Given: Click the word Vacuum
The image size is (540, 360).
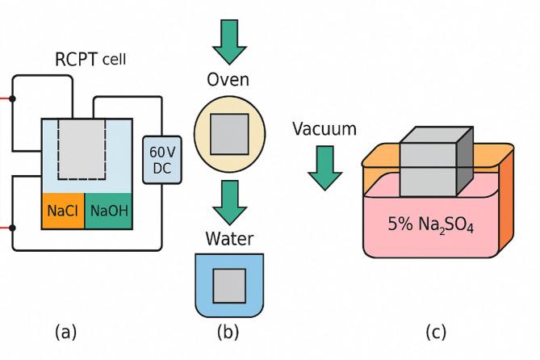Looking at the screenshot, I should [x=324, y=129].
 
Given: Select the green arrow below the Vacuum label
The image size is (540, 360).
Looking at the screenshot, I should [x=324, y=167].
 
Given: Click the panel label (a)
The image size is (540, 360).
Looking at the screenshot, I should [x=67, y=332].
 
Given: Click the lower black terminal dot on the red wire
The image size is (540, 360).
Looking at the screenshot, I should [x=14, y=228].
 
